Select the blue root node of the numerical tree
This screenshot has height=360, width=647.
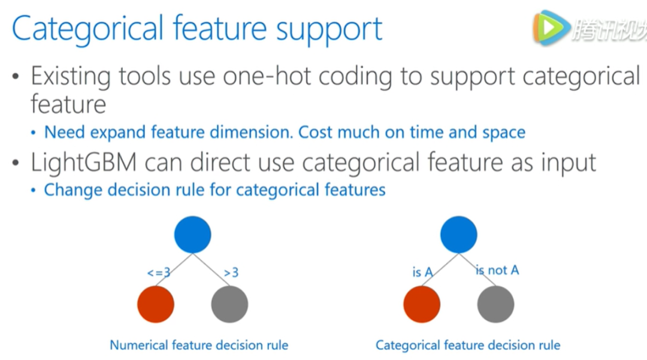click(x=192, y=234)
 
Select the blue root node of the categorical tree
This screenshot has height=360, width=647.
click(x=458, y=234)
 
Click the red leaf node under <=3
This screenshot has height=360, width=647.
click(x=156, y=304)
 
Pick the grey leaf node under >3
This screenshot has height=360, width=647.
click(x=229, y=304)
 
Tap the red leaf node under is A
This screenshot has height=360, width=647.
click(x=422, y=304)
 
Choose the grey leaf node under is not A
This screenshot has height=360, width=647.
click(x=495, y=304)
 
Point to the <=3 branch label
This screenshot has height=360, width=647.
click(x=159, y=273)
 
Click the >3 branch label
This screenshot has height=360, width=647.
click(x=231, y=273)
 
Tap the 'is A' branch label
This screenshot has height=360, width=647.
click(x=422, y=272)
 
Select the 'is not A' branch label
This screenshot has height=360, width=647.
click(x=497, y=271)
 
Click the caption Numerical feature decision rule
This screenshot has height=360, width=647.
click(x=199, y=345)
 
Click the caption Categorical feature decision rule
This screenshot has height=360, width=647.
click(x=468, y=345)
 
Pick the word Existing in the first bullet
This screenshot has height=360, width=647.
click(x=71, y=77)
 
